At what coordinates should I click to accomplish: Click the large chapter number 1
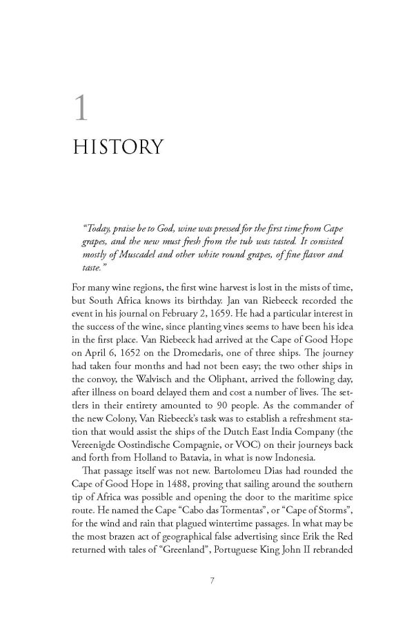point(81,110)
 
